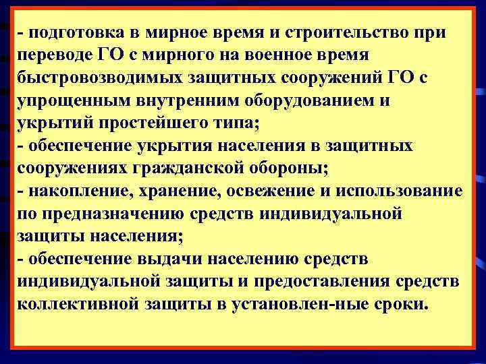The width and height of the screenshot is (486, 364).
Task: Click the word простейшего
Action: [153, 123]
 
